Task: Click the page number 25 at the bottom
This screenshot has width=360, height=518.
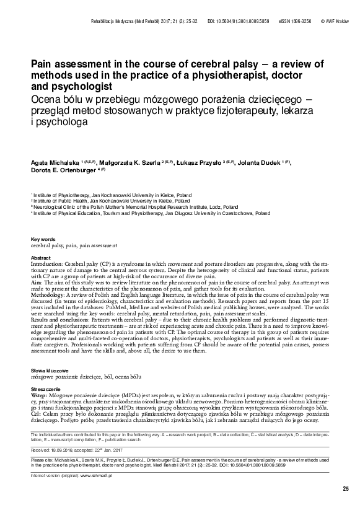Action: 346,489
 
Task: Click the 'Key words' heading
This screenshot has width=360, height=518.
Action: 43,239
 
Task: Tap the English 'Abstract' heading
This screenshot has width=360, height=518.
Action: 41,257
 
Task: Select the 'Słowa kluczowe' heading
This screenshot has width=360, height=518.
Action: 49,369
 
